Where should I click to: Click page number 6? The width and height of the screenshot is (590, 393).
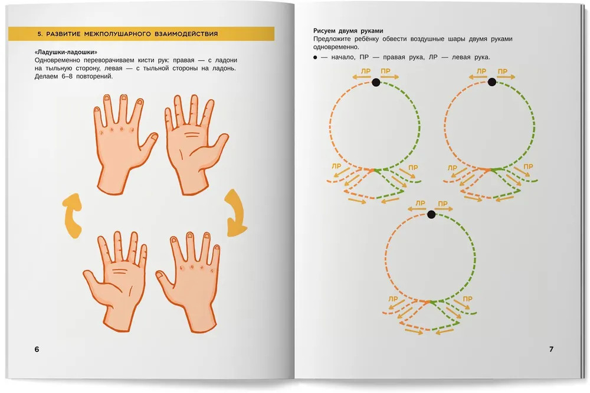coord(37,349)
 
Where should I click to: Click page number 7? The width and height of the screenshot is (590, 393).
coord(551,349)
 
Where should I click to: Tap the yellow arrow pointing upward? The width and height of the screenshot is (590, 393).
coord(72,215)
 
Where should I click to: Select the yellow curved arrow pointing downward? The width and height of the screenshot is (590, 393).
coord(236,212)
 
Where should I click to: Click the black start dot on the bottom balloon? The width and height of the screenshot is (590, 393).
coord(431,215)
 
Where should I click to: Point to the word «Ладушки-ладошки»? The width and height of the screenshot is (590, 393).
coord(66,53)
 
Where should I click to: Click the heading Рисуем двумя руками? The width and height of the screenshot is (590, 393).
coord(348,31)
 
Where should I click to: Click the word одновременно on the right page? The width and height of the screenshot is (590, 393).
coord(336,47)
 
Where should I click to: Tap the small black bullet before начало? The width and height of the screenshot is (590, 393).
coord(315,58)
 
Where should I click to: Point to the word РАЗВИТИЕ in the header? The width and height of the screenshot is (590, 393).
coord(63,34)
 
